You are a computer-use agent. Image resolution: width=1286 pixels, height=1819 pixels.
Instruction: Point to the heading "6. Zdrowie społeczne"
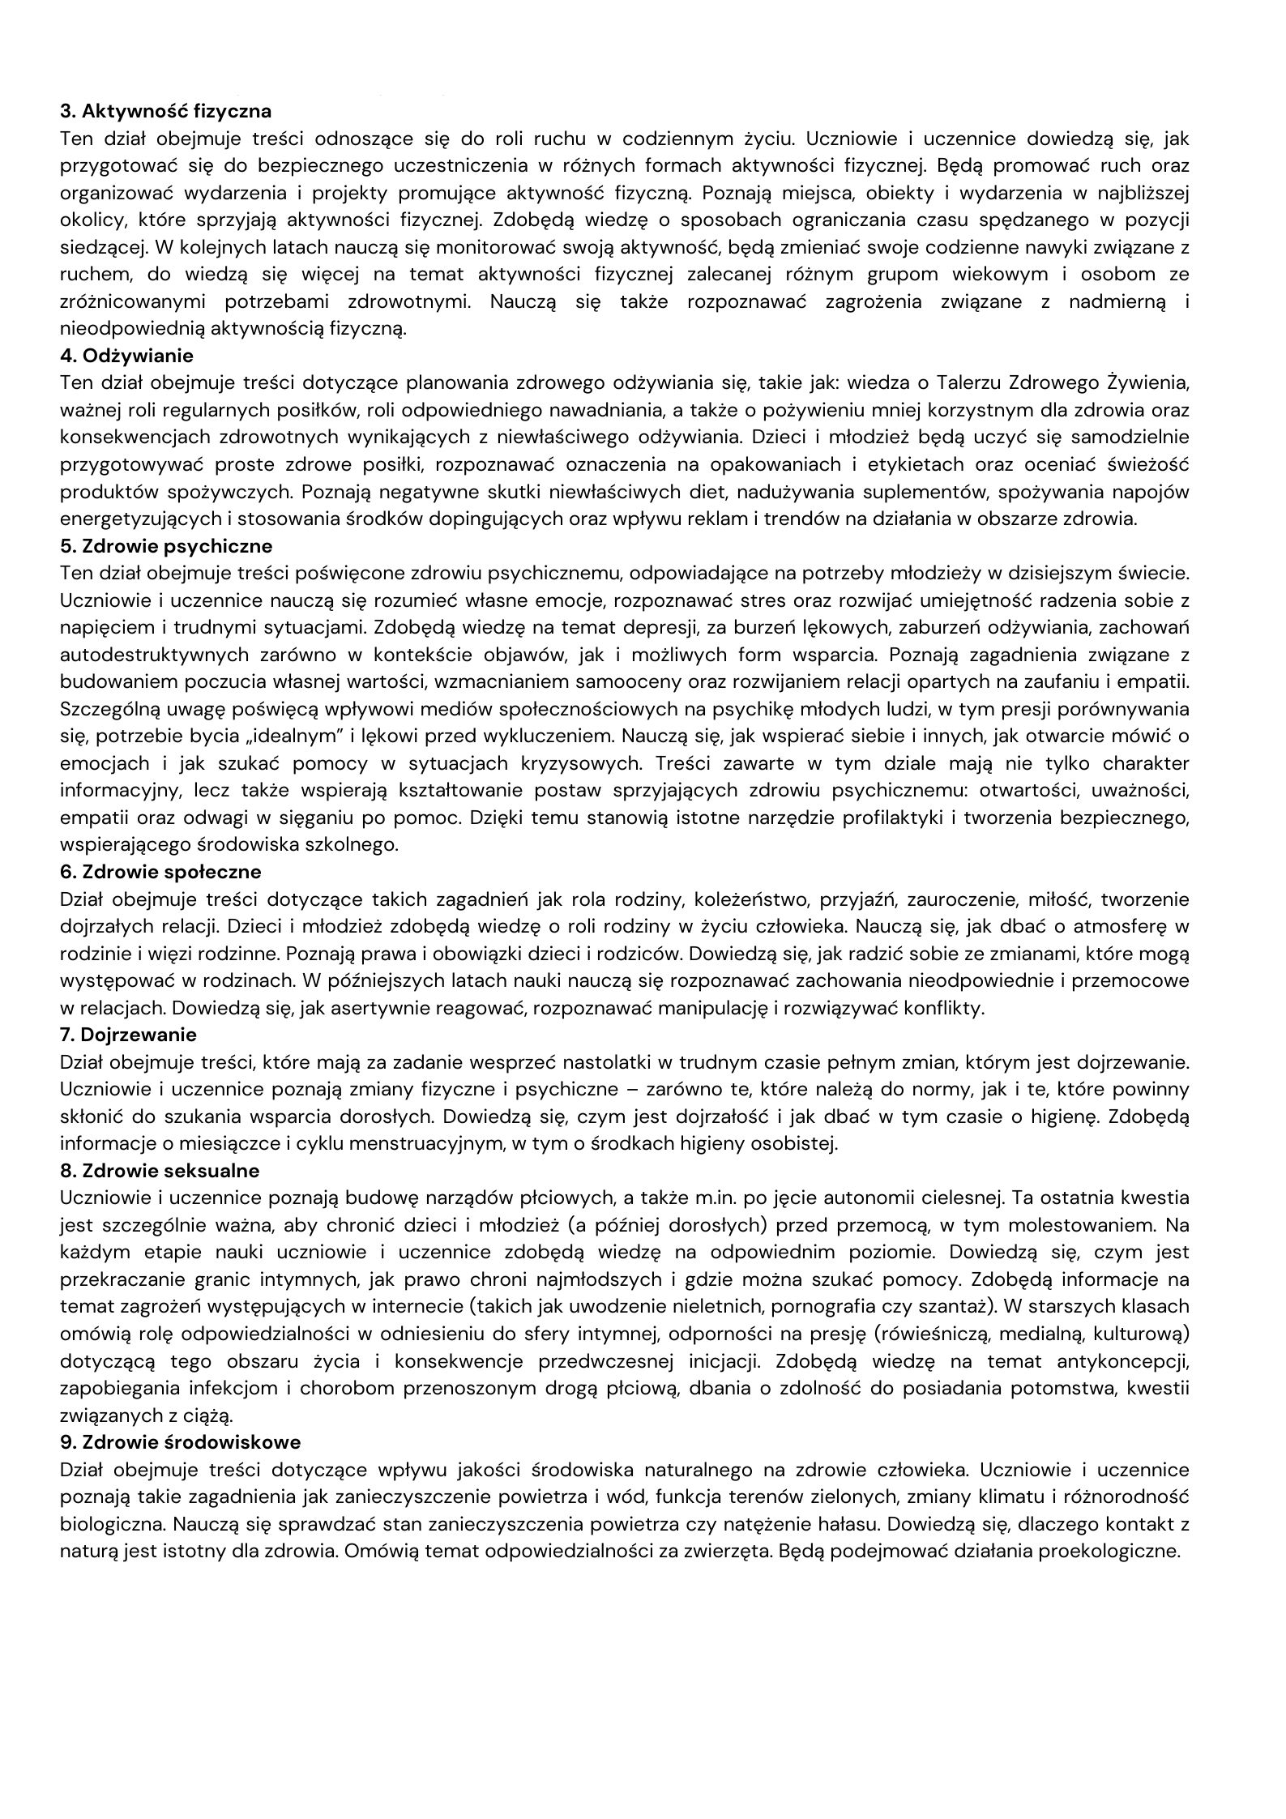[x=160, y=872]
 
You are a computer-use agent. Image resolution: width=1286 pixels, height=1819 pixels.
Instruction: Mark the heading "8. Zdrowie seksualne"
[x=160, y=1171]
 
